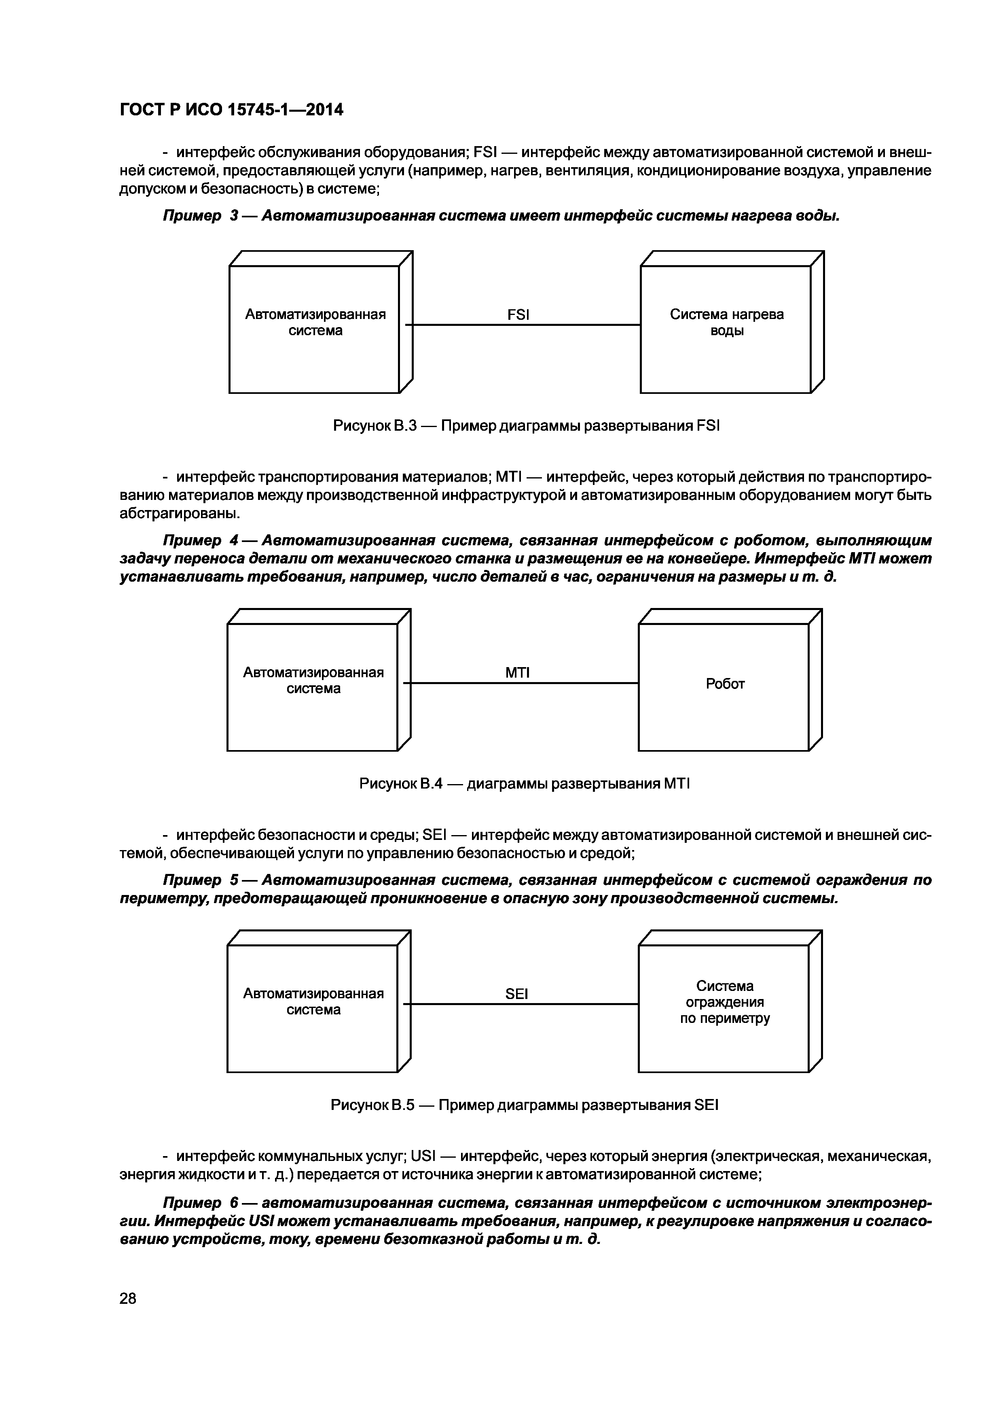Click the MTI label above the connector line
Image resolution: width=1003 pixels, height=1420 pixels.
tap(517, 673)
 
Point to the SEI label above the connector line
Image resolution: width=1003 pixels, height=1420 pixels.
tap(516, 994)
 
